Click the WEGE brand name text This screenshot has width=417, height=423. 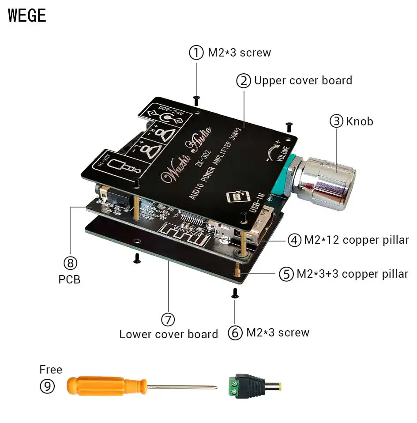tap(27, 15)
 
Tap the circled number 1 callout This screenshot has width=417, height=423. tap(196, 53)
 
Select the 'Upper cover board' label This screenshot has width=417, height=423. tap(303, 81)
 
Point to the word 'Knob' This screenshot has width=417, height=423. tap(359, 121)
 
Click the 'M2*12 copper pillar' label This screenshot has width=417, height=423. tap(356, 240)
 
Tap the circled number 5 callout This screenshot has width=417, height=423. tap(286, 274)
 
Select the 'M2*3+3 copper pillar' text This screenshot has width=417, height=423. tap(352, 274)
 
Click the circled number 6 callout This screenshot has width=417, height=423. tap(235, 333)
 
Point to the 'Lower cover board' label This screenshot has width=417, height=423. tap(169, 334)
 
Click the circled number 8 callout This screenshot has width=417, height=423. tap(70, 263)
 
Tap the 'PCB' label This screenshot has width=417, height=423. tap(70, 279)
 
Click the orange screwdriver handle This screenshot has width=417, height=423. tap(106, 385)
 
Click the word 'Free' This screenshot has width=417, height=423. tap(51, 370)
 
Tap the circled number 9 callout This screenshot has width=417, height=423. tap(47, 386)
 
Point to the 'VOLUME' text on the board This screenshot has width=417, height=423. tap(284, 155)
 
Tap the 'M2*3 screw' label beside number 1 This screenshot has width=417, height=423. tap(239, 53)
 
